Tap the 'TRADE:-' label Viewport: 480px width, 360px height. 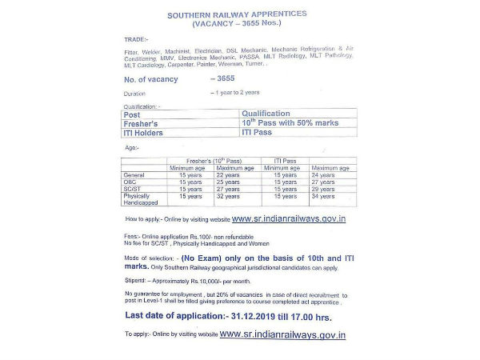137,38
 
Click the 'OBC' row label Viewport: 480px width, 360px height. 131,182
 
